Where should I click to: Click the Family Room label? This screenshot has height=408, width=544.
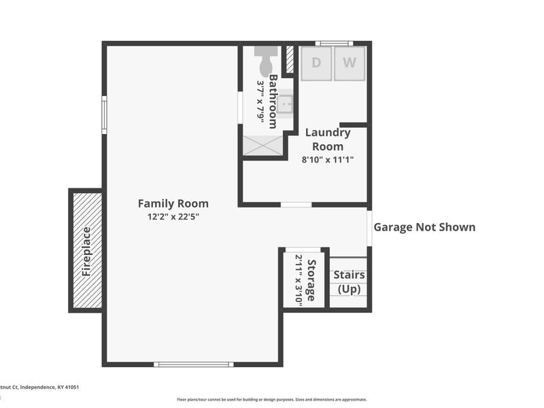point(173,203)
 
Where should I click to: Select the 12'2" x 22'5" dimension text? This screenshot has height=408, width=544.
point(173,217)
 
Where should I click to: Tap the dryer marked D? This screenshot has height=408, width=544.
point(316,63)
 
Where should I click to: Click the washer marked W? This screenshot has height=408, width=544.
point(349,63)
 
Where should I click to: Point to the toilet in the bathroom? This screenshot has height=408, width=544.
point(266,61)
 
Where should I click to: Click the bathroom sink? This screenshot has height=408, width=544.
point(287,104)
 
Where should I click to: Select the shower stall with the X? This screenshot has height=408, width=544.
point(261,145)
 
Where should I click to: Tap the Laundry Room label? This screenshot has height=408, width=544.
point(328,139)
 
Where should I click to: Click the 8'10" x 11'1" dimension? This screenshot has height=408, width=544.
point(328,160)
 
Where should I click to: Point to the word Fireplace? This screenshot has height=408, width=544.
point(86,251)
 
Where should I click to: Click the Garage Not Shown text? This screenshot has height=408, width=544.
point(424,227)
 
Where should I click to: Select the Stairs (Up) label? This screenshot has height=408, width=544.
point(349,282)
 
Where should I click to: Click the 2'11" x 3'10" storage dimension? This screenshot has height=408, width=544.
point(299,280)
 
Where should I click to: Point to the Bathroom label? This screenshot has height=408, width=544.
point(273,101)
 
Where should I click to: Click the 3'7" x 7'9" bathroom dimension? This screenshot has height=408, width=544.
point(260,101)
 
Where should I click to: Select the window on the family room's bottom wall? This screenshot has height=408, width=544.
point(194,364)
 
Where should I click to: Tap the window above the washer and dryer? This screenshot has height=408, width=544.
point(334,44)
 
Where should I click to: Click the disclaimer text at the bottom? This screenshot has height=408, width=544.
point(272,400)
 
